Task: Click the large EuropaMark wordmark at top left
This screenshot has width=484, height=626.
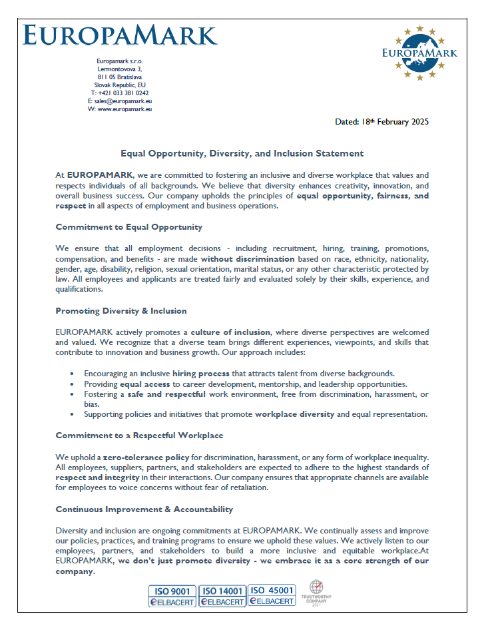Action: [x=119, y=35]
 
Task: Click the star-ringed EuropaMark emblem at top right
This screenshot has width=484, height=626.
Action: [x=419, y=53]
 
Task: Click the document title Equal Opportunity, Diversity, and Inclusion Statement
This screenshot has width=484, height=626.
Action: [x=242, y=153]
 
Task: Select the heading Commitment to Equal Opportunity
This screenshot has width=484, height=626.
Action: [x=128, y=227]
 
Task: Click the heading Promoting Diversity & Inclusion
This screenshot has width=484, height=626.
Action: [x=121, y=311]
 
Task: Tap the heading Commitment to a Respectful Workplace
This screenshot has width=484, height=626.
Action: [x=139, y=435]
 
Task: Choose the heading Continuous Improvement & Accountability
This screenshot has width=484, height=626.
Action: [x=144, y=509]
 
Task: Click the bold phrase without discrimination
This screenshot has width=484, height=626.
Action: [x=248, y=258]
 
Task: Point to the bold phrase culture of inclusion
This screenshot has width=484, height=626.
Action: [x=230, y=332]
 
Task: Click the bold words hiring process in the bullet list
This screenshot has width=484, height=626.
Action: [x=202, y=374]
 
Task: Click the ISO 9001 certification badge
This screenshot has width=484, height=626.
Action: [x=172, y=595]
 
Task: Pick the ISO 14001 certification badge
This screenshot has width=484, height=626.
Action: [x=222, y=595]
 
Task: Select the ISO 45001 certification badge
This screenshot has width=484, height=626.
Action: [x=272, y=595]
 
